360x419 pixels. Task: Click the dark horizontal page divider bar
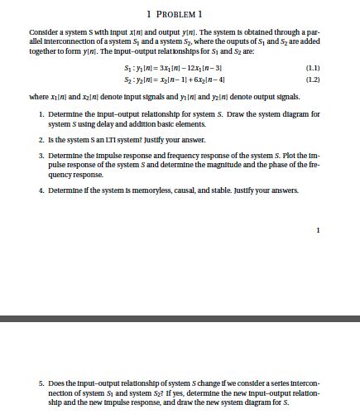pos(180,295)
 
